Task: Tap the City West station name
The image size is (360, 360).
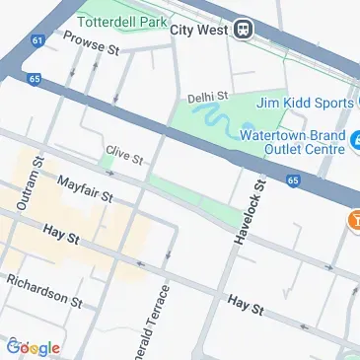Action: point(200,31)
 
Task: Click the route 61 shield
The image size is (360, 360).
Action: point(37,41)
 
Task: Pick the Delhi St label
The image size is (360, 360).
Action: point(208,98)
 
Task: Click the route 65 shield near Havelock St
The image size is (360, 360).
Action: point(293,180)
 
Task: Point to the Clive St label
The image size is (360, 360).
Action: point(124,155)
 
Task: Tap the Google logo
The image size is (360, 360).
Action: point(33,347)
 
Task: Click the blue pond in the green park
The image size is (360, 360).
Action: point(222,122)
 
